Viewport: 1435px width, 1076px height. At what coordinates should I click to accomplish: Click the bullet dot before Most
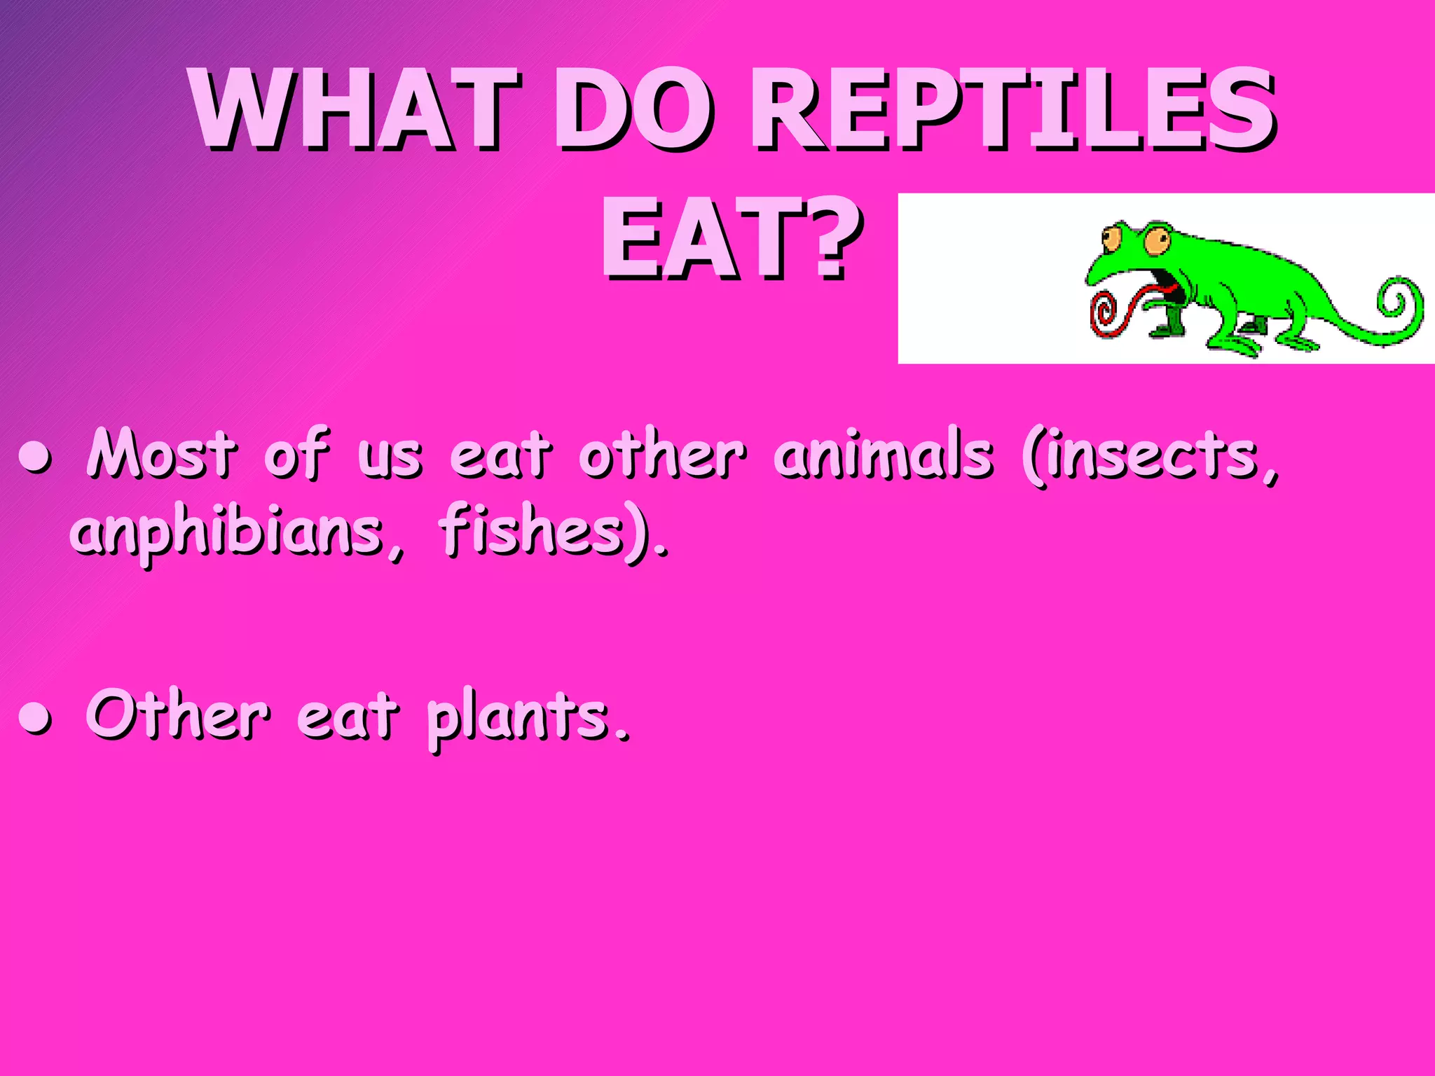coord(35,459)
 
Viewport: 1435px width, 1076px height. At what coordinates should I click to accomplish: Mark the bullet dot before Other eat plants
coord(35,719)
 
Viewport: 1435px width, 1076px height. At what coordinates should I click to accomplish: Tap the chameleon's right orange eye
coord(1157,242)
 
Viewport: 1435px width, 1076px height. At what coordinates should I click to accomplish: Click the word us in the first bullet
coord(390,459)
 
